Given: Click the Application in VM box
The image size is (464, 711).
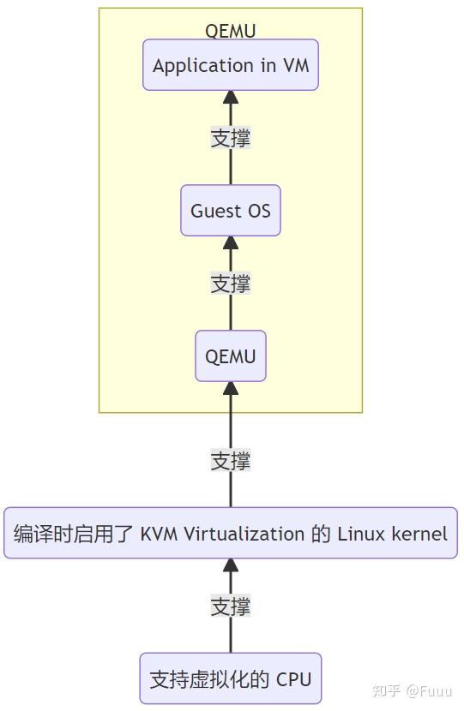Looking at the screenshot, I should click(230, 65).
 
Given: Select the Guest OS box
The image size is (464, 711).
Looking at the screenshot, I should click(230, 211).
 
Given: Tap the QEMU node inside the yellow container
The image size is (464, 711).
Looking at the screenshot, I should click(230, 356).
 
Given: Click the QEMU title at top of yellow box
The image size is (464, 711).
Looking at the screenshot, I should click(230, 31).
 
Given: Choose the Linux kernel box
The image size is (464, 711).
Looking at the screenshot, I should click(230, 534).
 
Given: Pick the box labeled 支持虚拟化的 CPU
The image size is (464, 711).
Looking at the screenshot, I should click(230, 679).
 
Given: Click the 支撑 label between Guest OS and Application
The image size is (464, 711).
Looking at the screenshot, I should click(230, 138).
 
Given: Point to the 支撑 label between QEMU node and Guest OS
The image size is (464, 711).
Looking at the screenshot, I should click(230, 284).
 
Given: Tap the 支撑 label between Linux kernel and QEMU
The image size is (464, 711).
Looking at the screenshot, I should click(230, 461).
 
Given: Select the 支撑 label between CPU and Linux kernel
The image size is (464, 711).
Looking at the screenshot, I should click(230, 606).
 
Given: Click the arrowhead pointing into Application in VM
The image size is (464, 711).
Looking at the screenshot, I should click(230, 98).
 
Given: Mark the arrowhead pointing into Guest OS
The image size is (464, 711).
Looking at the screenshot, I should click(230, 243).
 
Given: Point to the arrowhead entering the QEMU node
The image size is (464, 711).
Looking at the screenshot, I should click(230, 389).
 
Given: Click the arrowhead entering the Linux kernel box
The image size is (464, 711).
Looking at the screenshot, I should click(230, 566).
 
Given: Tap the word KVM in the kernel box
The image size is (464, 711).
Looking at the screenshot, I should click(160, 534).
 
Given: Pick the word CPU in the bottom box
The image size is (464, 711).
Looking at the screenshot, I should click(293, 679).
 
